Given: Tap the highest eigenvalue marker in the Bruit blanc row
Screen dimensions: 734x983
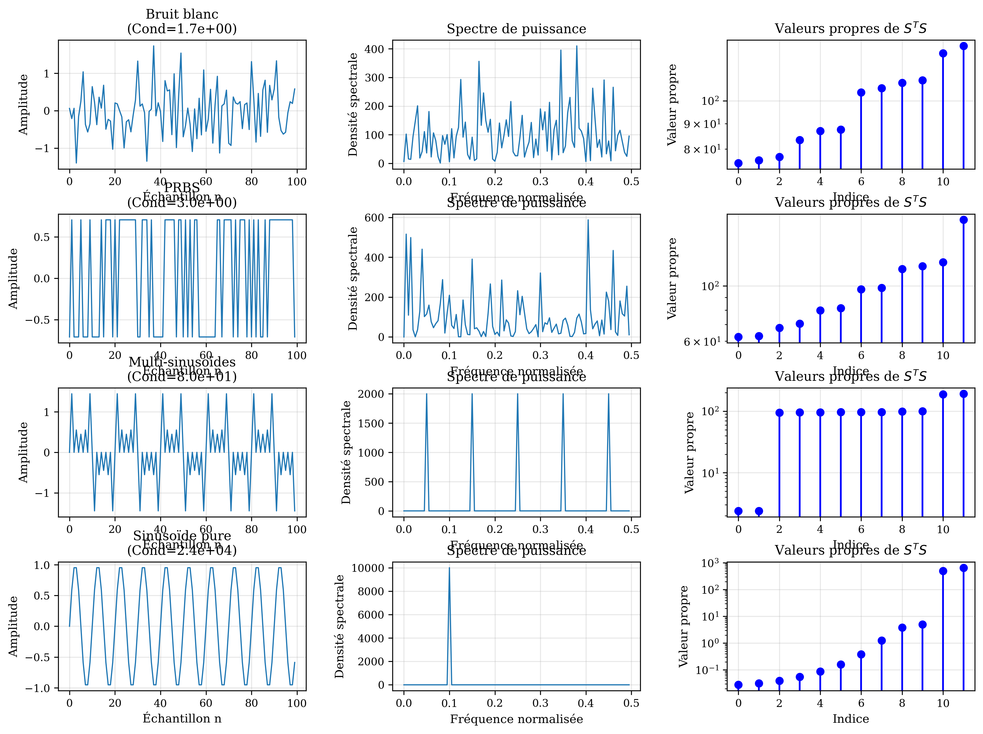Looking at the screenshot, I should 964,46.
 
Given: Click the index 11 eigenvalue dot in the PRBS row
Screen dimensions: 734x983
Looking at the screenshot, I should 964,220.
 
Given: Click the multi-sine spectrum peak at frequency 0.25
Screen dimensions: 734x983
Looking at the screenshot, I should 518,394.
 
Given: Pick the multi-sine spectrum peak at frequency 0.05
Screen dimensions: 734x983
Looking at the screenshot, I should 426,394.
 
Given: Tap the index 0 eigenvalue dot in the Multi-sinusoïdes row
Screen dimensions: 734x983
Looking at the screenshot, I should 738,511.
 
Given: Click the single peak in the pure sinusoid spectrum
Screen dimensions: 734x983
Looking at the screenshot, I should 449,568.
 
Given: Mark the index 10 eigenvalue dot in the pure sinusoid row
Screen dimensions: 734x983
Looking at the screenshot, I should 943,571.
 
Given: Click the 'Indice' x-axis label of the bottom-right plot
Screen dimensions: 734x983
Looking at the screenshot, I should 851,719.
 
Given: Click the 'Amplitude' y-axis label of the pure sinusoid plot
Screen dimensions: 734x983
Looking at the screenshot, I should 13,626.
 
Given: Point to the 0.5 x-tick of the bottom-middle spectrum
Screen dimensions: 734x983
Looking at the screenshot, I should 631,703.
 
